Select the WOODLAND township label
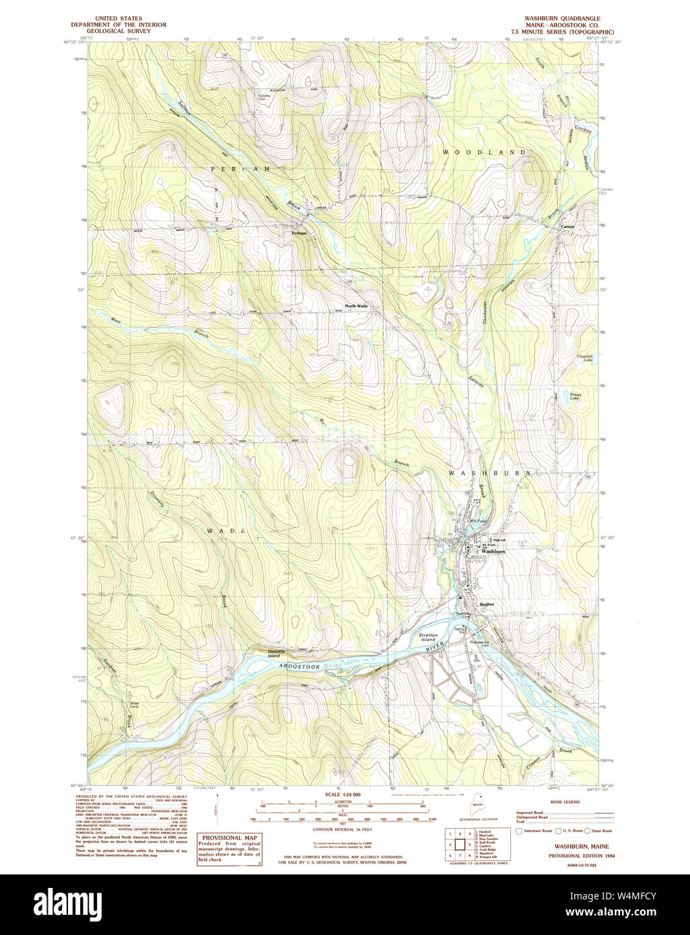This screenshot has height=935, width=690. (483, 153)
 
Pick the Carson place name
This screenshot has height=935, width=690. (567, 227)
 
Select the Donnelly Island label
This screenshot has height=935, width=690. (277, 653)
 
